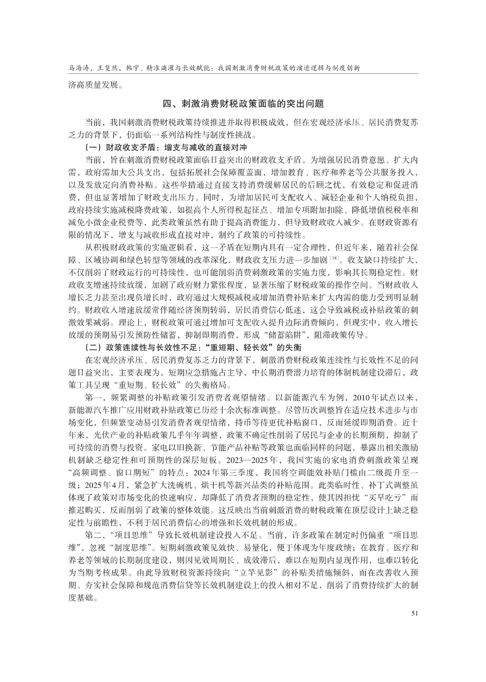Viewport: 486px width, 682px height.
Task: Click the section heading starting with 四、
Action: (243, 104)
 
